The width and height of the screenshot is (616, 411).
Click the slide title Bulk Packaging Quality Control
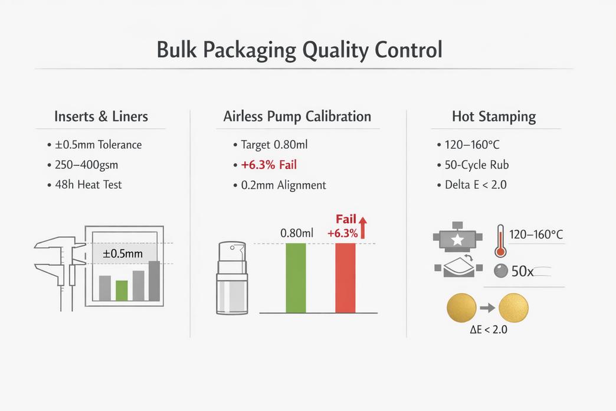point(299,50)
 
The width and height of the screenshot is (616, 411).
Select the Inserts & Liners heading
point(100,116)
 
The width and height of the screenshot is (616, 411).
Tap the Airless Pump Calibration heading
point(297,116)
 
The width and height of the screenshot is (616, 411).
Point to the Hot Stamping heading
point(494,116)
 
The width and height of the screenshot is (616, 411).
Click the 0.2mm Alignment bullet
point(283,185)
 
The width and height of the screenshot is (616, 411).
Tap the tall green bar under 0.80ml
point(296,278)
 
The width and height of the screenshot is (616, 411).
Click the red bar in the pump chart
point(345,278)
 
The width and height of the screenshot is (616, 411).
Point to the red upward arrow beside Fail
point(363,227)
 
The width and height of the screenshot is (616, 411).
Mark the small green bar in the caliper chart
point(122,290)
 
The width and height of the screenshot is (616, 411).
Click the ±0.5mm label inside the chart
point(123,253)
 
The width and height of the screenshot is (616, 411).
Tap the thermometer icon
point(500,241)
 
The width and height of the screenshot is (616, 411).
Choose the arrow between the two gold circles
point(487,307)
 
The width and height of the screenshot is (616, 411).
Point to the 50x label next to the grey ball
point(522,272)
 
